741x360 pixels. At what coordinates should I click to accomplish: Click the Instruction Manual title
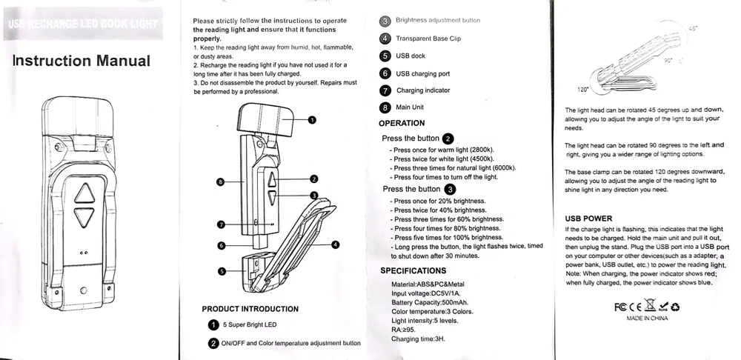82,61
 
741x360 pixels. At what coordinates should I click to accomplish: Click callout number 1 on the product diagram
312,119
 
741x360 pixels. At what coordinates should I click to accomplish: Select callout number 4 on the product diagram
335,244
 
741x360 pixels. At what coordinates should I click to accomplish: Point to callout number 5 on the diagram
221,272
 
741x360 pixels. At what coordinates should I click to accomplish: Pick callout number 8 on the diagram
221,181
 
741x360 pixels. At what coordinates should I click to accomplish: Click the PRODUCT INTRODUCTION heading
250,308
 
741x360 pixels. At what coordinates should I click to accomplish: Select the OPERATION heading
401,123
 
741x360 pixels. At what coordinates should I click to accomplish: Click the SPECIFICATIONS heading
413,270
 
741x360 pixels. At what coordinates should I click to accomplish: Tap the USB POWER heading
588,219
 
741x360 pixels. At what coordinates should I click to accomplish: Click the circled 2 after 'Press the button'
448,139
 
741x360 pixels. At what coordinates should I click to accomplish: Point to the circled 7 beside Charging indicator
385,90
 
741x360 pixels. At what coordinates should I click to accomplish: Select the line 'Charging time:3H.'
418,339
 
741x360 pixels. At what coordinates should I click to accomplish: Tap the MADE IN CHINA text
647,318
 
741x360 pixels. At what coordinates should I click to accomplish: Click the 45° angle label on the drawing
693,27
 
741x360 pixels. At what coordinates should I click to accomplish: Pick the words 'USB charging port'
422,73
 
